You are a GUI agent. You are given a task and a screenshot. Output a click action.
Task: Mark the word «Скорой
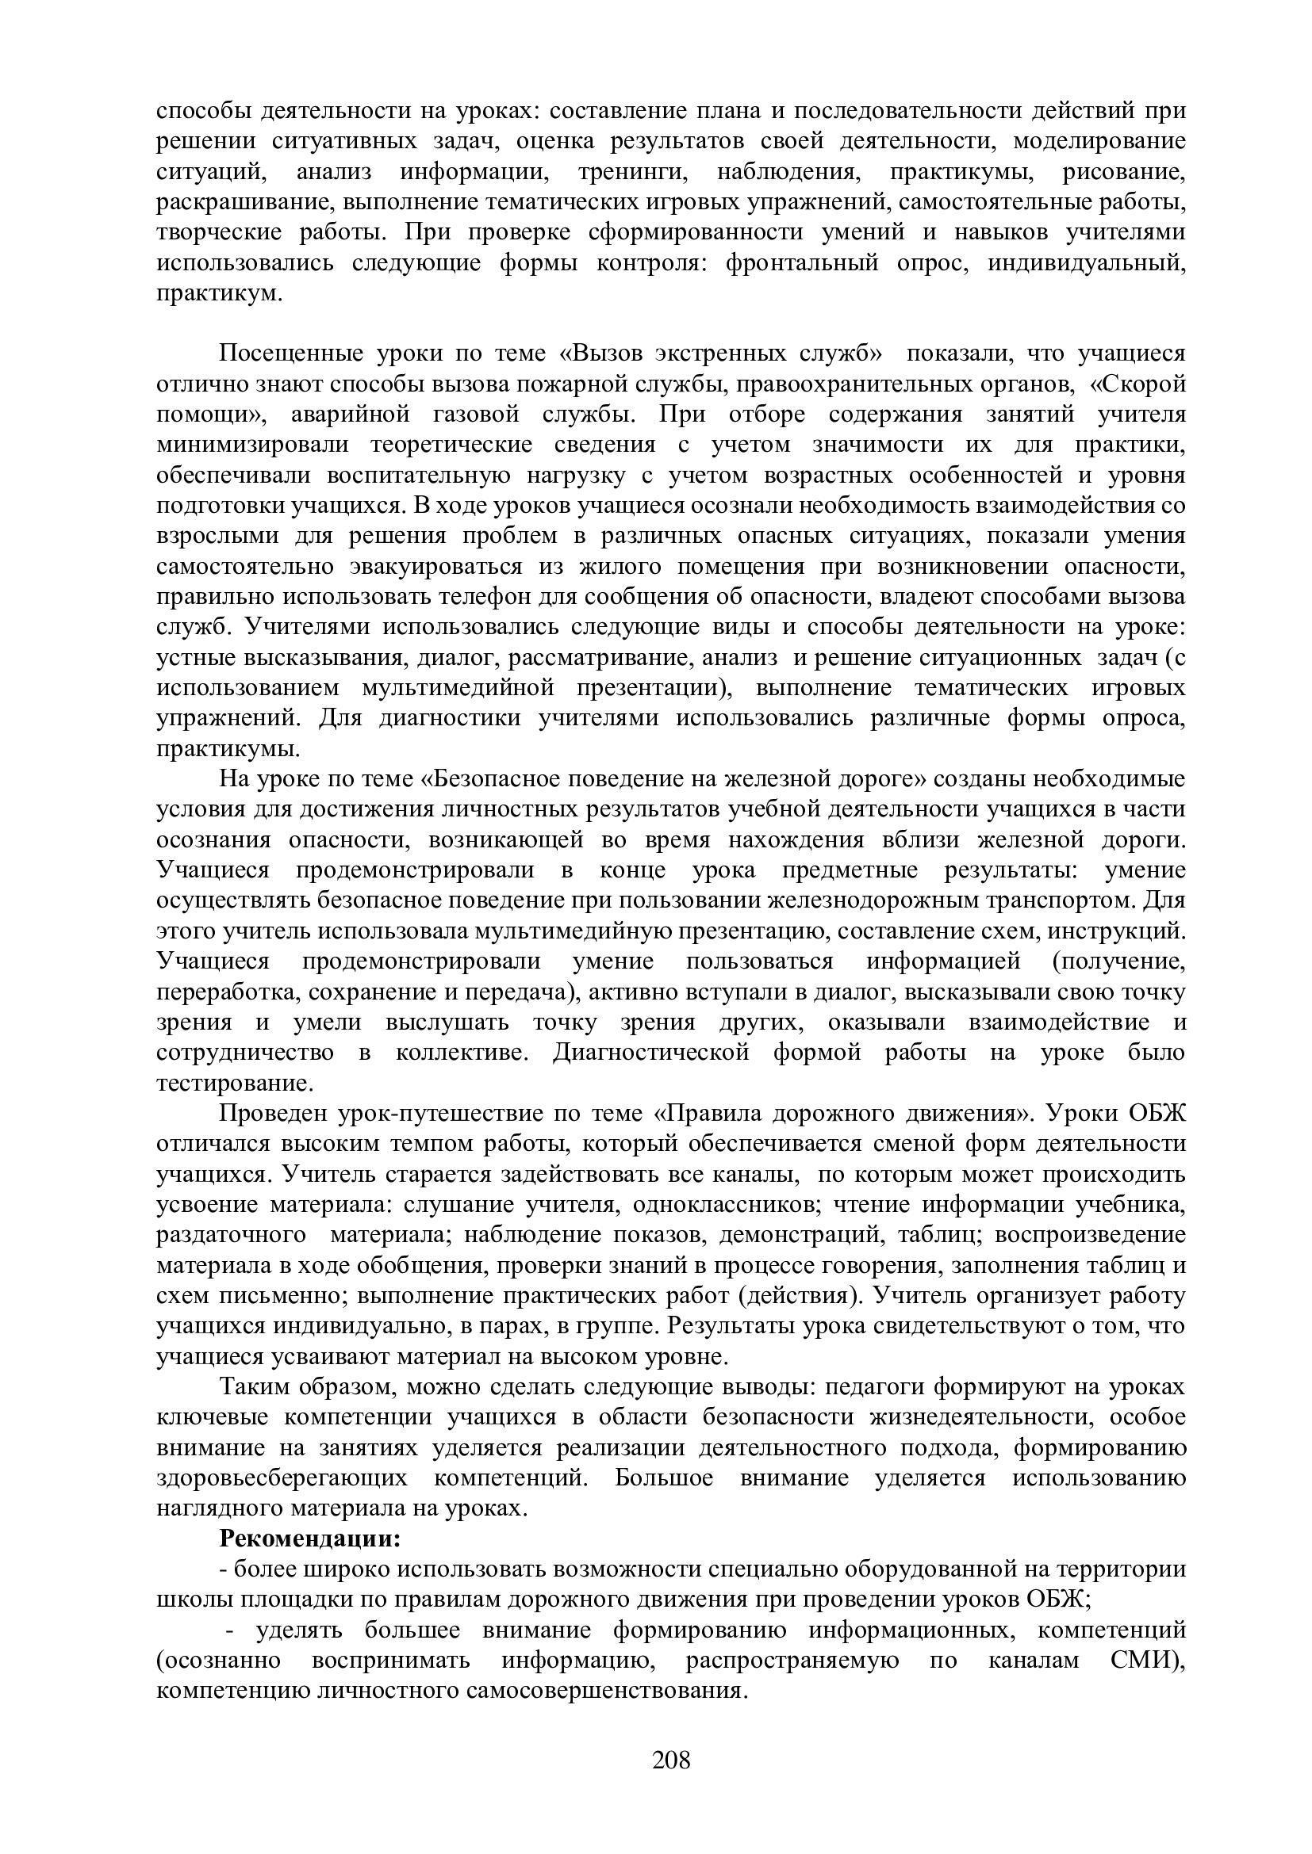pos(1137,384)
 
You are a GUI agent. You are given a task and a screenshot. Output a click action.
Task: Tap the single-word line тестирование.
pos(234,1083)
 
